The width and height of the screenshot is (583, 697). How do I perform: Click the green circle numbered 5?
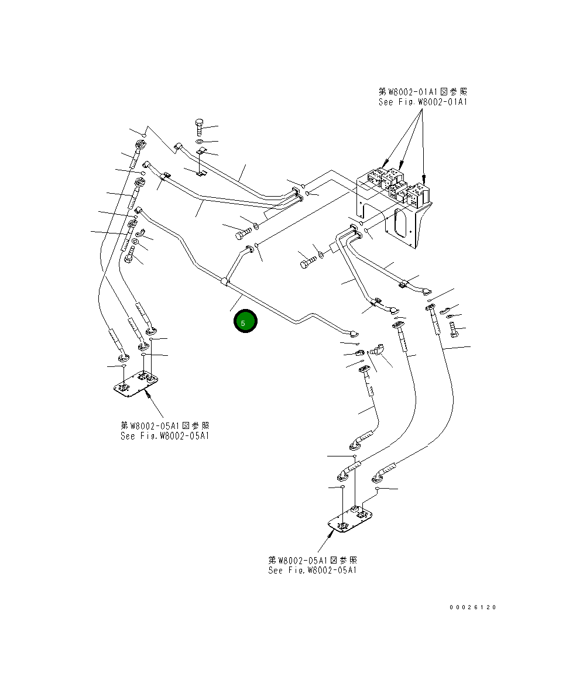[x=245, y=321]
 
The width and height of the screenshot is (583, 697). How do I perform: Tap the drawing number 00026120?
[x=472, y=607]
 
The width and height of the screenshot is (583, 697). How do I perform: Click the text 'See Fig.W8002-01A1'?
[x=423, y=102]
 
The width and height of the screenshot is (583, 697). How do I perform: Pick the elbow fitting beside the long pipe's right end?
[x=376, y=351]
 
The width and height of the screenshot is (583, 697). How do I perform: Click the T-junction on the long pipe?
[x=225, y=282]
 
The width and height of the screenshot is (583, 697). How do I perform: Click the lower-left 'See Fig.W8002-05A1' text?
[x=164, y=436]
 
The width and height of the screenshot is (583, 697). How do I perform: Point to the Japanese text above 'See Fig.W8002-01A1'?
[x=423, y=92]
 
